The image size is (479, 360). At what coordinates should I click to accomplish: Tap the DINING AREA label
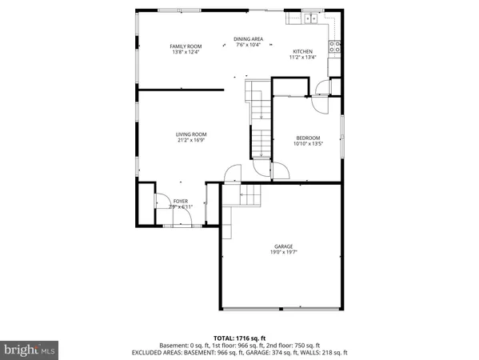click(248, 39)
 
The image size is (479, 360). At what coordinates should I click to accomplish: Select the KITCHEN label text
click(302, 51)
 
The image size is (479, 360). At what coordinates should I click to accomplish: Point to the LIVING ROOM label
click(192, 134)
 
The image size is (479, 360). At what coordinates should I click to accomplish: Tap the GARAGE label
click(284, 246)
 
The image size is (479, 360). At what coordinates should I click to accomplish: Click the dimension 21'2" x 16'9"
click(192, 141)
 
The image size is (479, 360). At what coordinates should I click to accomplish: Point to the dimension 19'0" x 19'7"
click(284, 253)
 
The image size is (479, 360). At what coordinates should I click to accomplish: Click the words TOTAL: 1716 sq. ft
click(239, 338)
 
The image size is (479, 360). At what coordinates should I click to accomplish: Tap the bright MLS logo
click(30, 350)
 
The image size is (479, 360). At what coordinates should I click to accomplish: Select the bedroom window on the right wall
click(342, 137)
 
